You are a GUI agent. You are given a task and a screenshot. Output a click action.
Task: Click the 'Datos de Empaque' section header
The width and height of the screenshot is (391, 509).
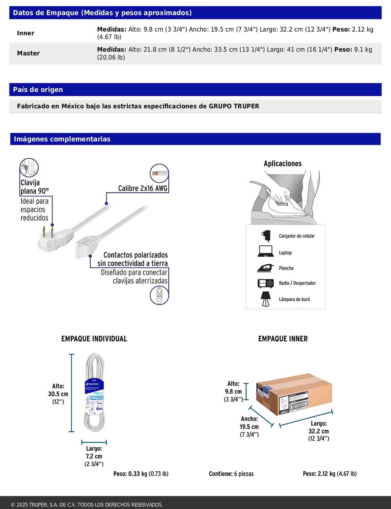coord(102,13)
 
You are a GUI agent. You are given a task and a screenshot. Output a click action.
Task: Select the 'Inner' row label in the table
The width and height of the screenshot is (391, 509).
coord(25,33)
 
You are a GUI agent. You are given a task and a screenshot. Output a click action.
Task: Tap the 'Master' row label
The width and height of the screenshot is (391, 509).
coord(28,53)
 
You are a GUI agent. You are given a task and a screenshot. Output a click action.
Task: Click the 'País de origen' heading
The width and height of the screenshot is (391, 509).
coord(38,90)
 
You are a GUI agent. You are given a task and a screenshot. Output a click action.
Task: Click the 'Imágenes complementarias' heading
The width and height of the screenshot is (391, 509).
coord(62,139)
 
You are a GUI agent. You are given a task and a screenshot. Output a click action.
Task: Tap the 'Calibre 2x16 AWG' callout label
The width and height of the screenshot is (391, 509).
coord(143,188)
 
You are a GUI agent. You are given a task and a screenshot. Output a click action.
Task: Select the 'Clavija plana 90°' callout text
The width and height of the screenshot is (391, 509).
coord(34,187)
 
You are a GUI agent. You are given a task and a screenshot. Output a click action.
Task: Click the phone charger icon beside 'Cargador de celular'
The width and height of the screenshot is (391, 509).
coord(266,236)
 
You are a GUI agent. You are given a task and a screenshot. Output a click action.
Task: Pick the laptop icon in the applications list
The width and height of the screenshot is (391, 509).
coord(265,251)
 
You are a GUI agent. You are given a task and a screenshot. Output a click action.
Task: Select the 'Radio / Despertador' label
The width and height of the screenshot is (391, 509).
coord(297,283)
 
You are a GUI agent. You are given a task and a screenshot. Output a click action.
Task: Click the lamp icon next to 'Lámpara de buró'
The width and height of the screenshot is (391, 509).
coord(265,299)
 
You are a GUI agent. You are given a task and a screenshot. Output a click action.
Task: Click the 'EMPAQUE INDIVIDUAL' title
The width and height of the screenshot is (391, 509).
coord(94,339)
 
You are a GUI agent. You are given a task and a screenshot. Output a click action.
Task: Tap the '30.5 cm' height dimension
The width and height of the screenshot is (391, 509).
coord(58,394)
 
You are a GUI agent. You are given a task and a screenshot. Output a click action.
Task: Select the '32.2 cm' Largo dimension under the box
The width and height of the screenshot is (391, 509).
coord(318,431)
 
